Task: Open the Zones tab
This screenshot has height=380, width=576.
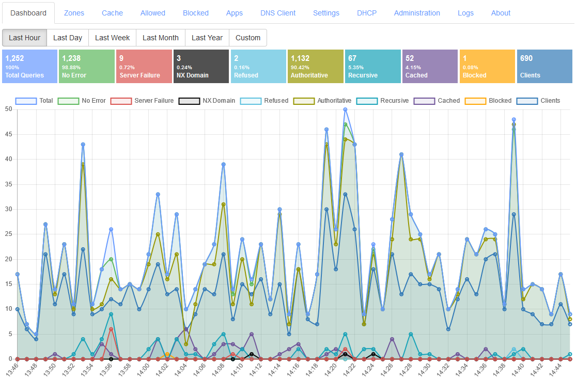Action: [74, 13]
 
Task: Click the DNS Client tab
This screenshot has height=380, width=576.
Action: [277, 13]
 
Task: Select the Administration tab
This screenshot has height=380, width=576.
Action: [416, 13]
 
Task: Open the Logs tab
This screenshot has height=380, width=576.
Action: [465, 13]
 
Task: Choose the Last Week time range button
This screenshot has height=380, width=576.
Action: [112, 38]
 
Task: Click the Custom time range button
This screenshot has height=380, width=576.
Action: [248, 38]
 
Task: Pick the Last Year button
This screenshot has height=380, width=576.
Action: [207, 38]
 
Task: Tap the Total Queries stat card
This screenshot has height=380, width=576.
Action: [29, 67]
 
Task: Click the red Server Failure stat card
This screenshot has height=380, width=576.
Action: [144, 67]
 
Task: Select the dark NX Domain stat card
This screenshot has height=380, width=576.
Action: [200, 67]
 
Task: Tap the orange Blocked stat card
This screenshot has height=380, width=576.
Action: [487, 67]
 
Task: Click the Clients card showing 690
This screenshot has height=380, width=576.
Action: [544, 67]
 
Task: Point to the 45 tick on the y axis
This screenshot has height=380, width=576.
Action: [8, 134]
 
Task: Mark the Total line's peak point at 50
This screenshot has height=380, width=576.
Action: [345, 109]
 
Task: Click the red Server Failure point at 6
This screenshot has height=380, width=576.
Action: [111, 329]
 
